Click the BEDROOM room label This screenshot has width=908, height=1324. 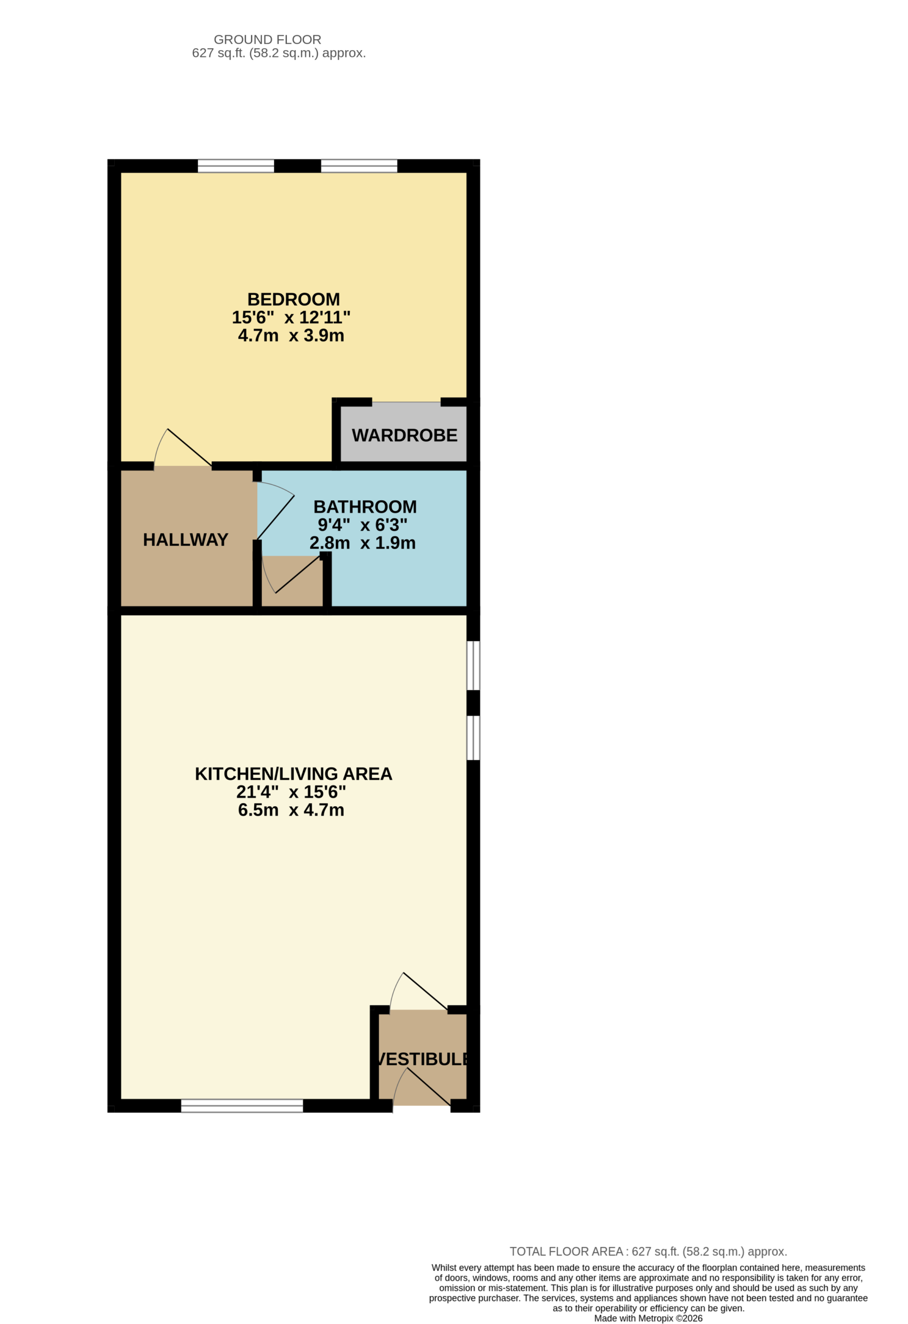tap(293, 299)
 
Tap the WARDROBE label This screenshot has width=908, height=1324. tap(404, 435)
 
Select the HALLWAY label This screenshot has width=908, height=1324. tap(186, 539)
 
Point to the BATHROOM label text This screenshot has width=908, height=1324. tap(365, 506)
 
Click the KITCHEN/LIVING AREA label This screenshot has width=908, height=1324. tap(293, 774)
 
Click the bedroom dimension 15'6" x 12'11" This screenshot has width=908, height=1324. tap(291, 318)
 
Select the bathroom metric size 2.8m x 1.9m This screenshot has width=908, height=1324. tap(363, 543)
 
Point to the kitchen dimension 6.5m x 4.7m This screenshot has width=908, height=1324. tap(291, 809)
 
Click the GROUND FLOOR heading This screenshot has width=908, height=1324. tap(268, 39)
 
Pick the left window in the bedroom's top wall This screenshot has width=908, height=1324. tap(236, 166)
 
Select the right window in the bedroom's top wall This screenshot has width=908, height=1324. tap(359, 166)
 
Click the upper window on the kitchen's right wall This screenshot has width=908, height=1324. tap(473, 666)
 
